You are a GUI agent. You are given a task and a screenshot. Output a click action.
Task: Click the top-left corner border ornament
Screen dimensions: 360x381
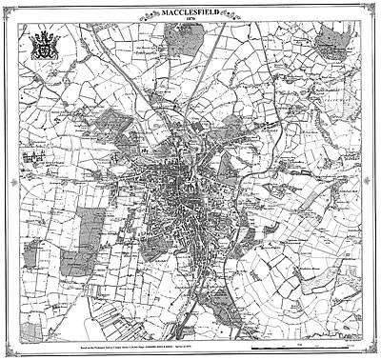tap(6, 6)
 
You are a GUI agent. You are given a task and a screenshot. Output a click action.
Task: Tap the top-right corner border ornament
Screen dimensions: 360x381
tap(375, 6)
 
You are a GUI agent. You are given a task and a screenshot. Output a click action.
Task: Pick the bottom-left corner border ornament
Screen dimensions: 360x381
tap(6, 354)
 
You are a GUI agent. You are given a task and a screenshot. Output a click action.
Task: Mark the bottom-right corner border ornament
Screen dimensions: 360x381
tap(375, 354)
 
